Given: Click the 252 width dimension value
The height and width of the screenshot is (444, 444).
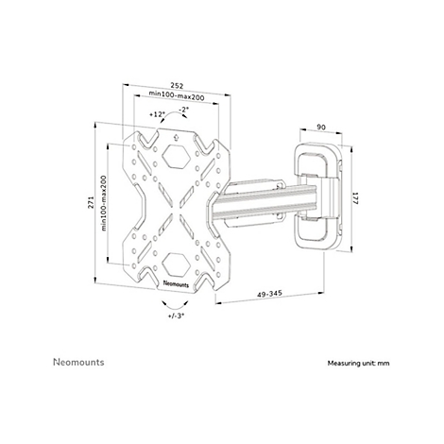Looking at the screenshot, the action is point(177,85).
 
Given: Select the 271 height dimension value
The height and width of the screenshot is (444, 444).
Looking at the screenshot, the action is point(91,202).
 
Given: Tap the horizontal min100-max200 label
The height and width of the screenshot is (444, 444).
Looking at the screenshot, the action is point(177,94).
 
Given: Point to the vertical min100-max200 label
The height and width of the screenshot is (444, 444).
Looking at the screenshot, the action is point(104,203).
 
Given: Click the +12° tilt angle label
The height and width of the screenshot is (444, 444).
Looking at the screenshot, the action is point(157,114).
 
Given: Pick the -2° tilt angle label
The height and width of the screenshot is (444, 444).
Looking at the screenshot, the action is point(184,110).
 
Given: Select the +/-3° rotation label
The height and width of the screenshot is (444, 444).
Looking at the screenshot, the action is point(177,316).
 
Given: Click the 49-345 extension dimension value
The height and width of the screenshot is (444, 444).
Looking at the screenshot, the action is point(269,294).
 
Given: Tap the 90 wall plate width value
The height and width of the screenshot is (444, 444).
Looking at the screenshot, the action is point(321,128).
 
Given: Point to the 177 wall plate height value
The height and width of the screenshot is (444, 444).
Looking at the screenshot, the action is point(355,198).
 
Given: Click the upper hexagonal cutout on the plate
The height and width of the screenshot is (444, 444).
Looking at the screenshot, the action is point(177,157).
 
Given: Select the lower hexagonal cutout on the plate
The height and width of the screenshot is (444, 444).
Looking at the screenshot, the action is point(177,264).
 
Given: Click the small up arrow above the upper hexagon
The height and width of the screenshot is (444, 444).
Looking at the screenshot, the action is point(176,137).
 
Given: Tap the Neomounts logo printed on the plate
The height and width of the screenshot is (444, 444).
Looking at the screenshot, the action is point(176,283).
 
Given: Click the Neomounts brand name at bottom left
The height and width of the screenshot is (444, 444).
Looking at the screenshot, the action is point(78,362).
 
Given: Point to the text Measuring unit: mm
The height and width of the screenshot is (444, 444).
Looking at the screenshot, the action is point(358,363).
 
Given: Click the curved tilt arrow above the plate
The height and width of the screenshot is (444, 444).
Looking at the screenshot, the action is point(175,114).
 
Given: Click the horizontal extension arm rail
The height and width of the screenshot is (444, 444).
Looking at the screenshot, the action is point(264,201).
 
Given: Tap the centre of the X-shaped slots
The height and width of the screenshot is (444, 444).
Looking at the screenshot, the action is point(176,209).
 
